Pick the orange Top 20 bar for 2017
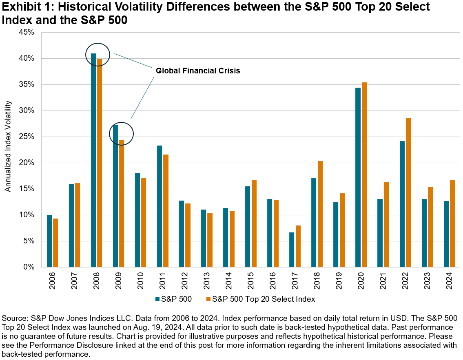(x=298, y=246)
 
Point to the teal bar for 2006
(x=49, y=241)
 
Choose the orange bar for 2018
(x=320, y=214)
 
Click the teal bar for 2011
(x=160, y=206)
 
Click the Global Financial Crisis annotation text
(x=198, y=71)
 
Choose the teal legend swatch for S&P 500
(x=157, y=299)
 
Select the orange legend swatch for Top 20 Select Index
(x=208, y=299)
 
